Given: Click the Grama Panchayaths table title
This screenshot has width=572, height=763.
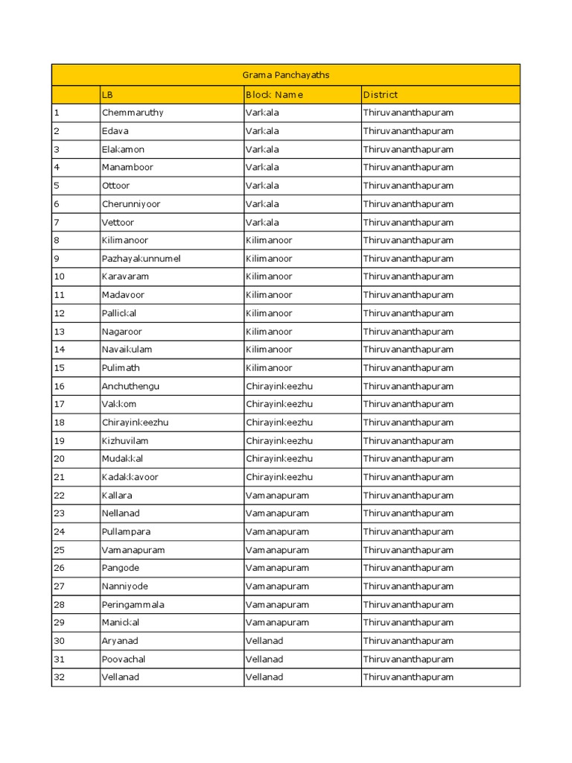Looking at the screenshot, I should click(x=286, y=75).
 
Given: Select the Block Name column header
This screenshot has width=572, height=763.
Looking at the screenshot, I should click(x=274, y=95).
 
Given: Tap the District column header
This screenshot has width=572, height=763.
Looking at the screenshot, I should click(x=380, y=95).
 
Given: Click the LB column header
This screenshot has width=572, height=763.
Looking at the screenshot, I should click(x=107, y=95).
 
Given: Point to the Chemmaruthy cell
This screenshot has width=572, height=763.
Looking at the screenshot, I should click(x=132, y=113).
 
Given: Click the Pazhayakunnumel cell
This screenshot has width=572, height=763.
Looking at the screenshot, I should click(x=141, y=259).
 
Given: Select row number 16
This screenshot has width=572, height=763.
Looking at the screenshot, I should click(x=60, y=386).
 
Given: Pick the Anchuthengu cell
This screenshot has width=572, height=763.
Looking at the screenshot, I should click(x=130, y=386).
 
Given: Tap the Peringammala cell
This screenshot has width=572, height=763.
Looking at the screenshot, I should click(x=133, y=604).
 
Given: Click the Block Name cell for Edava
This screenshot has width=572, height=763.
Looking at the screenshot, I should click(x=262, y=131).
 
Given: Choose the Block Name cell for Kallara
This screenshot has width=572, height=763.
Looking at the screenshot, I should click(x=277, y=496).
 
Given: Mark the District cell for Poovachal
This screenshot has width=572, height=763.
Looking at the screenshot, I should click(x=407, y=659).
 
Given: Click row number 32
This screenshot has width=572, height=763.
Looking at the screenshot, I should click(x=60, y=677).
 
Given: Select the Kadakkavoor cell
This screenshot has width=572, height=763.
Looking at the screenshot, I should click(x=130, y=477).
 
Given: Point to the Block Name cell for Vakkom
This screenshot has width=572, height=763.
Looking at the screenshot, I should click(x=279, y=404).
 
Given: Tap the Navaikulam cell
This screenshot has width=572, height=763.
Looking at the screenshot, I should click(x=127, y=349).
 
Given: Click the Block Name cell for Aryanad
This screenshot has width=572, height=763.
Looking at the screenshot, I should click(x=264, y=641).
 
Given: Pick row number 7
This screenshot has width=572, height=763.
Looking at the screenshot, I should click(x=57, y=222).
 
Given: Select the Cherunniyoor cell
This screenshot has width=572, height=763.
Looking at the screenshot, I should click(x=130, y=204).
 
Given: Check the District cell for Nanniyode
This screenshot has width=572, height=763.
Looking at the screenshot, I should click(x=407, y=586).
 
